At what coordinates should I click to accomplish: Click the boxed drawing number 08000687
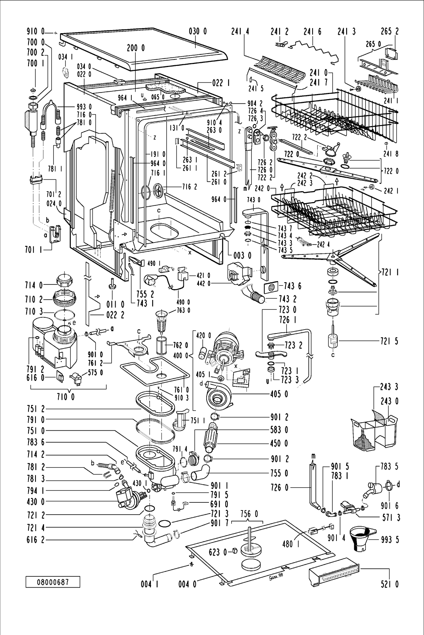(x=53, y=582)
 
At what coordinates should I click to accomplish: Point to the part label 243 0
(x=391, y=401)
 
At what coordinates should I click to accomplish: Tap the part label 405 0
(x=279, y=394)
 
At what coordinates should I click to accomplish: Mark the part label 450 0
(x=279, y=443)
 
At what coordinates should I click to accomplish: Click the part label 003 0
(x=242, y=255)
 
